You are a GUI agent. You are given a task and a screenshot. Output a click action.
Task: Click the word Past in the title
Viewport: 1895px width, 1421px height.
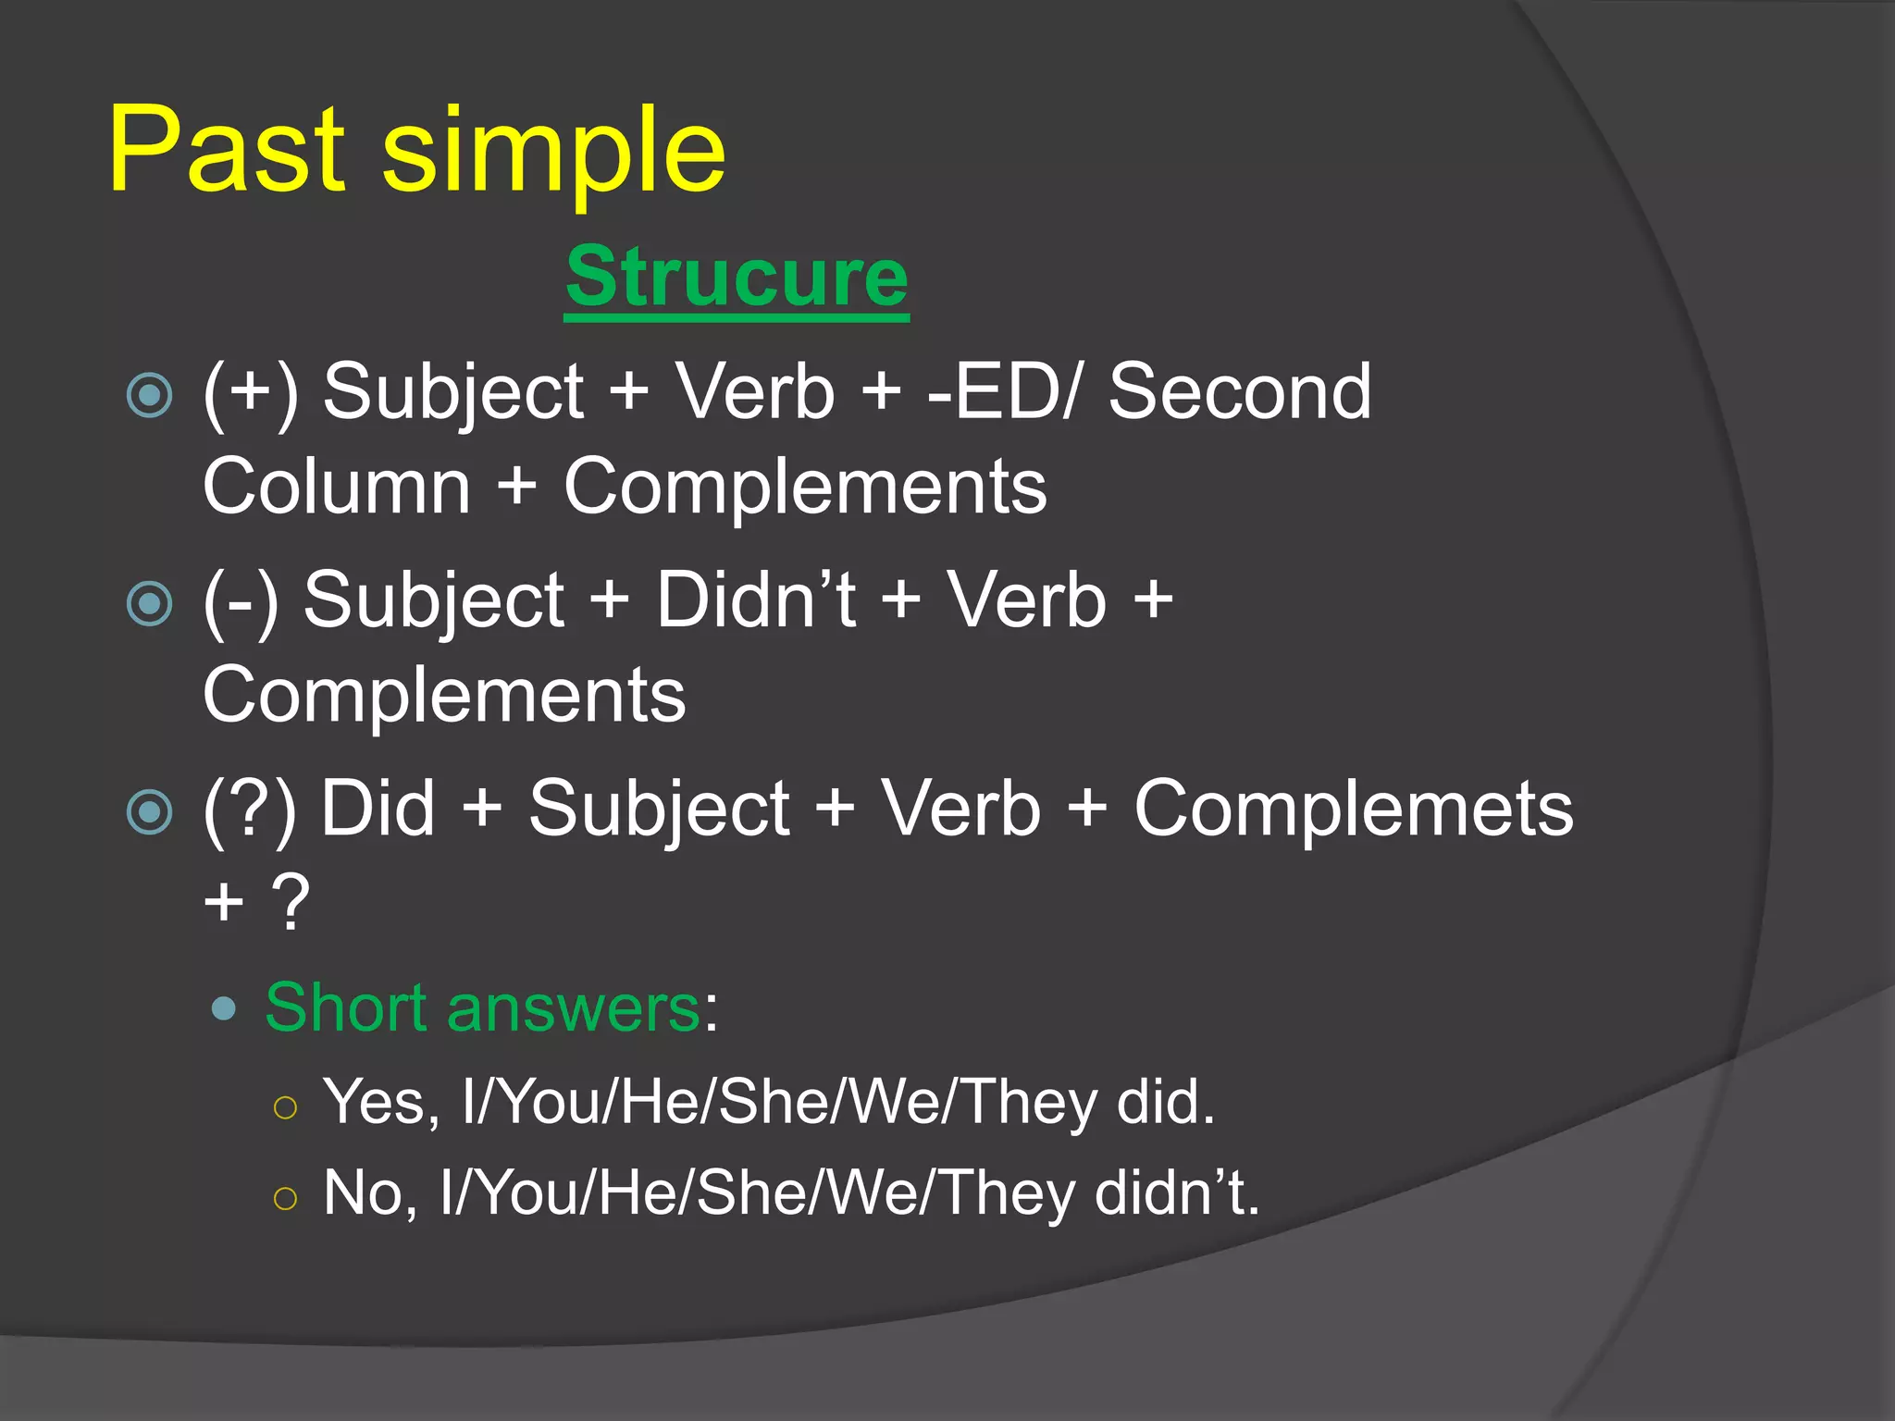[227, 150]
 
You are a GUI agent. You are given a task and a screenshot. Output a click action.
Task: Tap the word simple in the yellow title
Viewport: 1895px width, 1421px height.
[553, 153]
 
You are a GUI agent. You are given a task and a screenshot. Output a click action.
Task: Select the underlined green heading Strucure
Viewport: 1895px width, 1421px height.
[737, 278]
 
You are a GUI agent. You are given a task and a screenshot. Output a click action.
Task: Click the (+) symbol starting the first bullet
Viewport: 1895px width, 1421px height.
[251, 392]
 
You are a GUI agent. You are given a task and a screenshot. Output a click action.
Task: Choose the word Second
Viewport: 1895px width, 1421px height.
[1240, 392]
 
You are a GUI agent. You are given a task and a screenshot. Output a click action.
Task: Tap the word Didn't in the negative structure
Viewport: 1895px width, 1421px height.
[756, 600]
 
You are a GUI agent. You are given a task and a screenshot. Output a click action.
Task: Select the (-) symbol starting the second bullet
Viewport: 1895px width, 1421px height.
[241, 600]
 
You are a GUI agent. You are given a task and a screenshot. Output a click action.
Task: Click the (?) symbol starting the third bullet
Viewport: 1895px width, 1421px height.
[250, 809]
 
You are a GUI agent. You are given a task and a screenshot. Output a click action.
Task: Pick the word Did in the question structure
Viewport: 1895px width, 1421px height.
[378, 809]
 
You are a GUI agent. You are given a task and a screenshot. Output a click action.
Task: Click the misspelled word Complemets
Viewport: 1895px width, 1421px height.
[1353, 809]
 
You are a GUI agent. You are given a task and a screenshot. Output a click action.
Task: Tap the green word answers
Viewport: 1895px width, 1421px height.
[574, 1007]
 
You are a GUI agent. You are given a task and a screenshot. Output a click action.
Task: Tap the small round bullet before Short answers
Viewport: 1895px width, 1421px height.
[223, 1008]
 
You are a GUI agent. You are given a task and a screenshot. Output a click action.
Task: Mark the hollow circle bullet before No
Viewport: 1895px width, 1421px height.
[285, 1199]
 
